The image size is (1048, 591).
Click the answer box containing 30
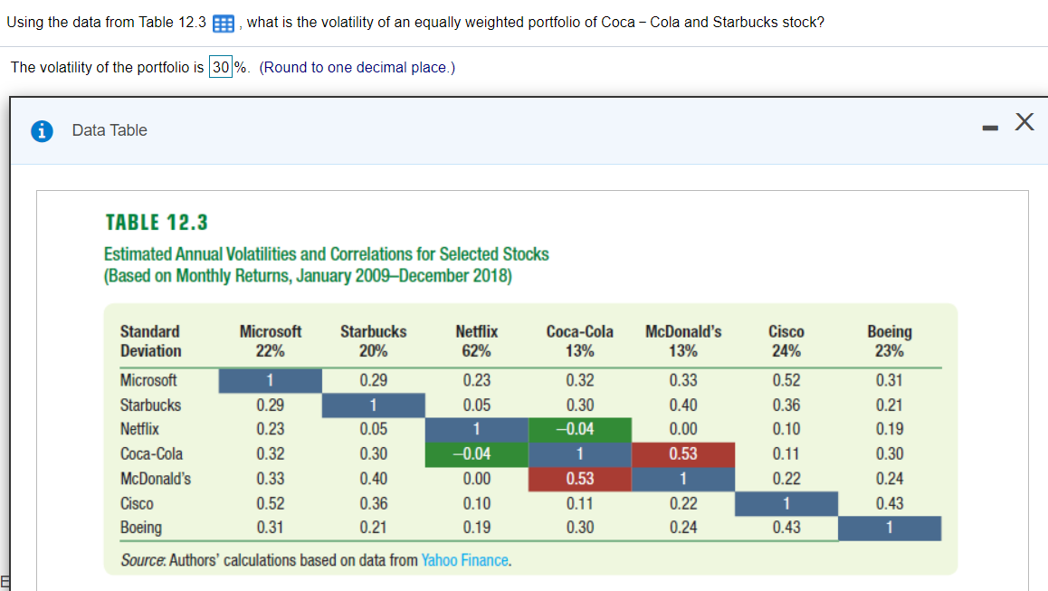click(x=221, y=68)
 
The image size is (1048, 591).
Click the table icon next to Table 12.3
click(x=223, y=23)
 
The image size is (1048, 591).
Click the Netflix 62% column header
click(x=476, y=341)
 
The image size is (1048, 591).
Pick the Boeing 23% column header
click(x=889, y=341)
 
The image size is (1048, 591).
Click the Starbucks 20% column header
click(x=373, y=341)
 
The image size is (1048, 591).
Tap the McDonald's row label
click(x=156, y=479)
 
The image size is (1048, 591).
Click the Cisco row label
click(x=137, y=503)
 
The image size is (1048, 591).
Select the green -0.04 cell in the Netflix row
click(x=579, y=429)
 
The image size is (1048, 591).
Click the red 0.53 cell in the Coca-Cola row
click(x=682, y=453)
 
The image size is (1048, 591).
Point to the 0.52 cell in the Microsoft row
click(x=786, y=380)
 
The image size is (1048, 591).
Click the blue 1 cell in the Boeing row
click(x=889, y=528)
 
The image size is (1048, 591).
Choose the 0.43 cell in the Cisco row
click(x=889, y=503)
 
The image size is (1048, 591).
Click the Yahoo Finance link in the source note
click(x=465, y=560)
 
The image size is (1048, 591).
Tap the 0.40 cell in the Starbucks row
click(x=682, y=405)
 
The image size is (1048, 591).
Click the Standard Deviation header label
click(x=150, y=341)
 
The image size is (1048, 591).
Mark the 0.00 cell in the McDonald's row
click(x=476, y=479)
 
